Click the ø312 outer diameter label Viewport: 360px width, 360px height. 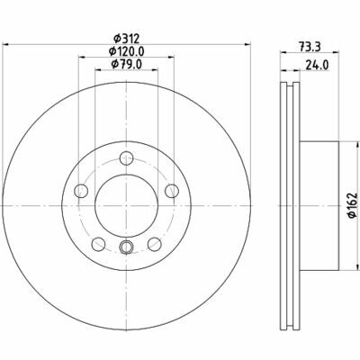point(126,37)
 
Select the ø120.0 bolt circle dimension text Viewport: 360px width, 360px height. point(127,52)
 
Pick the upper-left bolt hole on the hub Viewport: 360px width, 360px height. point(81,190)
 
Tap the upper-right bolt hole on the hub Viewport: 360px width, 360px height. point(170,190)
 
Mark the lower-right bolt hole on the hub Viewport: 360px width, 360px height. point(153,242)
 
